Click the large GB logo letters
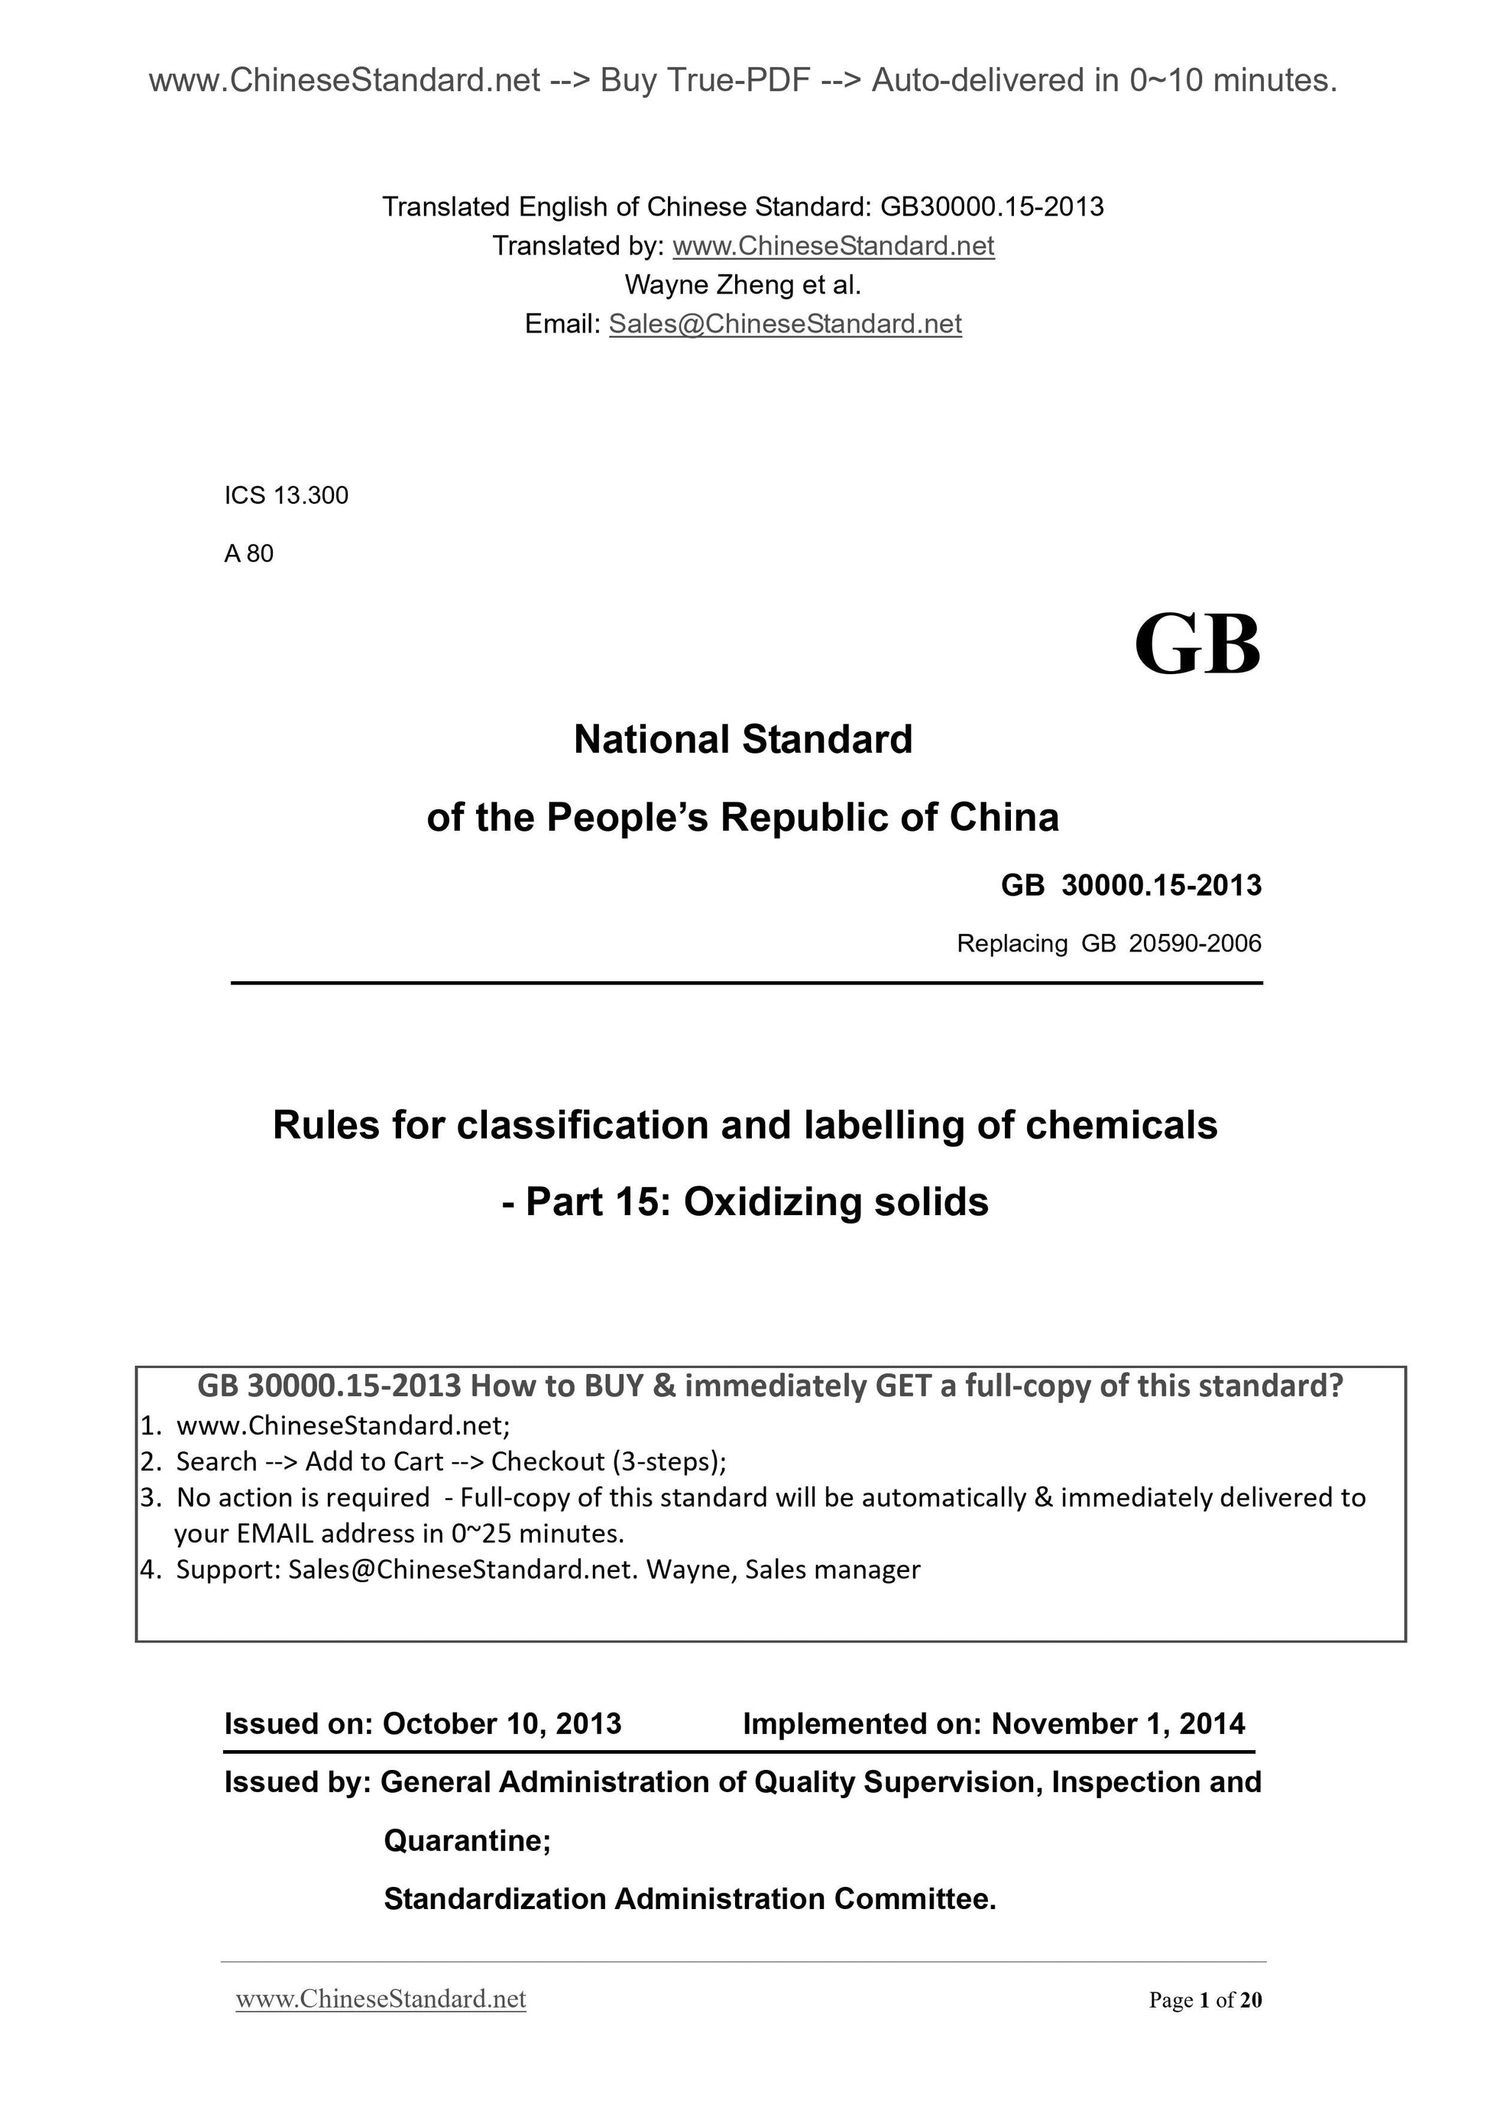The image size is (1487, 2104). tap(1197, 644)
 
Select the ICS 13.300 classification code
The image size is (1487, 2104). tap(286, 496)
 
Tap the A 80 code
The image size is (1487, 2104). tap(248, 553)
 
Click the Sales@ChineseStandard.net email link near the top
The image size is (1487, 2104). tap(786, 324)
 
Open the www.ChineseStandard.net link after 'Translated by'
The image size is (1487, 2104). tap(833, 245)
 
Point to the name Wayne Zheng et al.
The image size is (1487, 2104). tap(743, 285)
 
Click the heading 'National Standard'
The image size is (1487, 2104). tap(743, 740)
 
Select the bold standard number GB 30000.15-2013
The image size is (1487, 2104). tap(1131, 885)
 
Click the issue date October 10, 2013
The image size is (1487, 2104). tap(501, 1723)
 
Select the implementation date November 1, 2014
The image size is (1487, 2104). tap(1118, 1723)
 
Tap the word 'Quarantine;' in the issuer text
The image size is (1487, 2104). tap(467, 1840)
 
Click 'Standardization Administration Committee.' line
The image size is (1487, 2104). tap(689, 1898)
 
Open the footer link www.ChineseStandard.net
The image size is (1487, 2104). tap(381, 1999)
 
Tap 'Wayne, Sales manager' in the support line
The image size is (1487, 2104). tap(783, 1570)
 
